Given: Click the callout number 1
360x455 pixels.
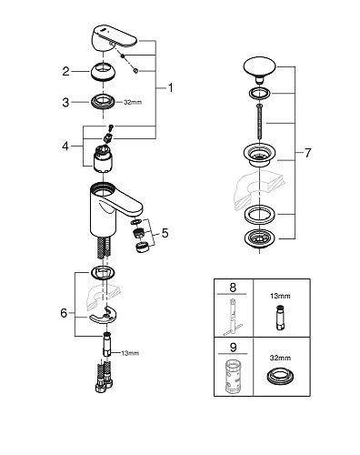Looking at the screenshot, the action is [171, 87].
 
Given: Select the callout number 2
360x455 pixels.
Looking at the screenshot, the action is [65, 72].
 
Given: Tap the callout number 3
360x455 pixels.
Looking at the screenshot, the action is [65, 103].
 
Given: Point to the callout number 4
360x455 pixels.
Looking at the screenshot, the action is [65, 147].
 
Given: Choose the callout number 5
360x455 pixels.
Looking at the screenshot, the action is [165, 233].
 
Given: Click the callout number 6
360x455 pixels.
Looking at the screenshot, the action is [64, 313].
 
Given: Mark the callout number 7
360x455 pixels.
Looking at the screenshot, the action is [307, 153].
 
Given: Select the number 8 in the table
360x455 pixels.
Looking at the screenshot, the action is [233, 288].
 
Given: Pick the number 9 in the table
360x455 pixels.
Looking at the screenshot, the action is [233, 348].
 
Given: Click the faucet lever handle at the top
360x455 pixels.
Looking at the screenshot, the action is [113, 38].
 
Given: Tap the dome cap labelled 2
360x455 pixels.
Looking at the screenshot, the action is [104, 72].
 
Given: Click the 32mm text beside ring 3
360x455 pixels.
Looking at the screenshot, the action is [133, 103].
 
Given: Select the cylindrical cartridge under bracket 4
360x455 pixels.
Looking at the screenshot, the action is [103, 158].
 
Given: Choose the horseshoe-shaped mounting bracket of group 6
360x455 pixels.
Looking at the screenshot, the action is [104, 316].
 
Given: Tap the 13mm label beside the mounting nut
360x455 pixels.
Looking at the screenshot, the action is [130, 353].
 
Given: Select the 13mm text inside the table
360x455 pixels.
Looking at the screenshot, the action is [280, 296].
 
